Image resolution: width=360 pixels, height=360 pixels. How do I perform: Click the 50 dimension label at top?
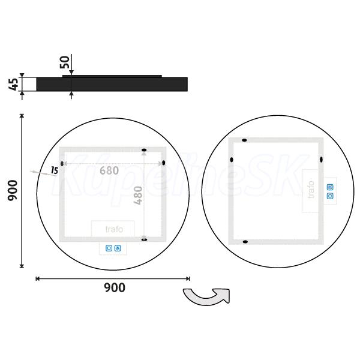(x=65, y=62)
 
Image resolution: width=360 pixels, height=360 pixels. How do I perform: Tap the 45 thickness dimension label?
(x=14, y=84)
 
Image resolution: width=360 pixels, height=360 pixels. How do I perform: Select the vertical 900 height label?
(x=13, y=191)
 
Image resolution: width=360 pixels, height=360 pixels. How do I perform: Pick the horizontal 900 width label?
(x=115, y=287)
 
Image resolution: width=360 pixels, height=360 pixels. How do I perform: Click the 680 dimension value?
(x=109, y=170)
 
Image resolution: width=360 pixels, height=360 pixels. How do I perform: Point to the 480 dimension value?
(x=138, y=196)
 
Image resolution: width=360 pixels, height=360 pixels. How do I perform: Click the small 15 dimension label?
(x=55, y=170)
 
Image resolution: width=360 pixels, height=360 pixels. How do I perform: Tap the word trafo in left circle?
(x=114, y=229)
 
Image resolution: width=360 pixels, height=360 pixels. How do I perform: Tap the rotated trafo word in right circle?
(x=311, y=190)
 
